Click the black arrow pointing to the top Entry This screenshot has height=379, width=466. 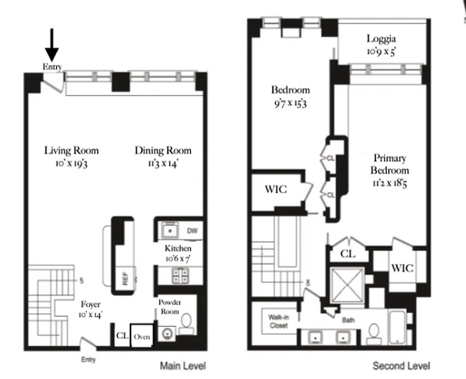52,45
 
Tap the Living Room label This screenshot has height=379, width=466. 71,151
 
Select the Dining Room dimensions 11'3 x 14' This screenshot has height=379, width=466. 163,163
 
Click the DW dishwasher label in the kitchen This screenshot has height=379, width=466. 192,231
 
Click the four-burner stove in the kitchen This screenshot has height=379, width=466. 180,276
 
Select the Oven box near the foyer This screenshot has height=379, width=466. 141,337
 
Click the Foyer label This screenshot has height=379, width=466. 90,305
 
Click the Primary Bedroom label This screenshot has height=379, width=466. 389,164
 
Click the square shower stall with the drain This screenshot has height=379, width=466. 348,284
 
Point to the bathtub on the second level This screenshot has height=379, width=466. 400,327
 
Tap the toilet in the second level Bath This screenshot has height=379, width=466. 374,333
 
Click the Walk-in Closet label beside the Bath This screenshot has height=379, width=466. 278,321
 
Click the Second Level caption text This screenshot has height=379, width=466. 401,366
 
